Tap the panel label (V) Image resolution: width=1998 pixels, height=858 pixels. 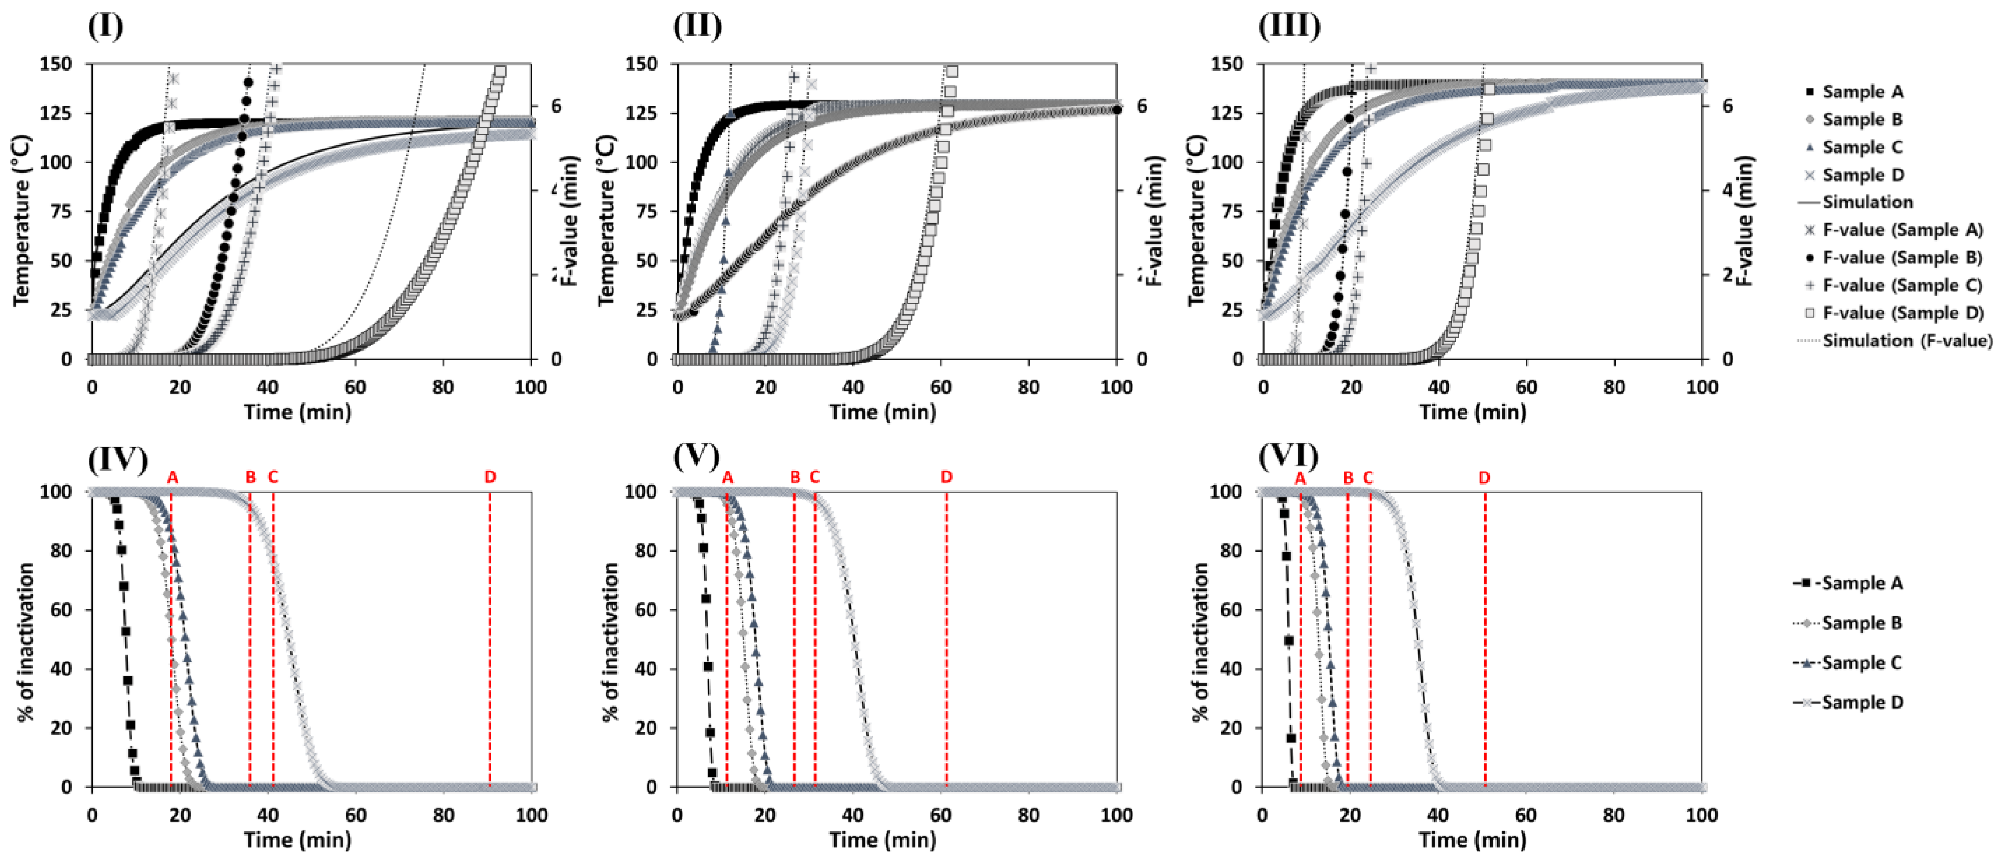696,457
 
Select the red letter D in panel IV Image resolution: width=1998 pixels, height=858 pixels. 490,477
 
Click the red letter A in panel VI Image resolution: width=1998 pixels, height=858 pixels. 1300,478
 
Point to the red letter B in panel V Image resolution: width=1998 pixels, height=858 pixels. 795,477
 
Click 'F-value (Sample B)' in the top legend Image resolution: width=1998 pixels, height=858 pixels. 1902,257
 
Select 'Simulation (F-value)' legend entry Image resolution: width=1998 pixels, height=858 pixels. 1907,340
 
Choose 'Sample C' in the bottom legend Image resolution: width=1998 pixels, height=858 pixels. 1862,662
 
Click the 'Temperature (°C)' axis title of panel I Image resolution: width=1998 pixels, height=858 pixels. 21,221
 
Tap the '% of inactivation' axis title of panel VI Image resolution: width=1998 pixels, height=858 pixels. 1200,642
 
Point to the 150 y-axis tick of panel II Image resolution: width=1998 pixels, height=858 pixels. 641,64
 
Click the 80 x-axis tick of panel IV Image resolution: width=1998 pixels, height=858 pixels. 443,815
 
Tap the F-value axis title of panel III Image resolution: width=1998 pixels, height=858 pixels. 1745,221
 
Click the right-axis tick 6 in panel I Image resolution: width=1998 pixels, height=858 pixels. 556,106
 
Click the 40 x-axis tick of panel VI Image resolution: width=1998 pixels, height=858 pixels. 1438,815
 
